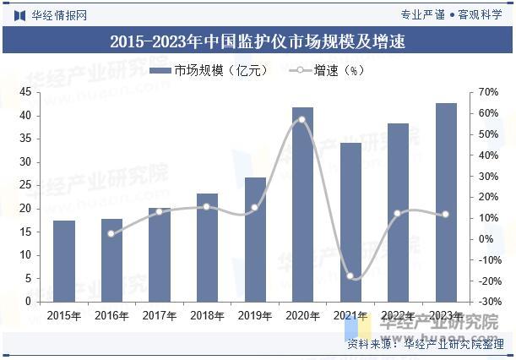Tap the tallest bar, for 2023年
[446, 202]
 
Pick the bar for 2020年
[302, 204]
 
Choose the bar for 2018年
[207, 247]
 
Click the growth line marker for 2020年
[302, 119]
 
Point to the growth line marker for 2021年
[350, 276]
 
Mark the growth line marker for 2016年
[111, 233]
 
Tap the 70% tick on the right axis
[486, 92]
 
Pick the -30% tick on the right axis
[486, 302]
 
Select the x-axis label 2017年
[160, 316]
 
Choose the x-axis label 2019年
[255, 316]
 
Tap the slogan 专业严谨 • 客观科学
[452, 14]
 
